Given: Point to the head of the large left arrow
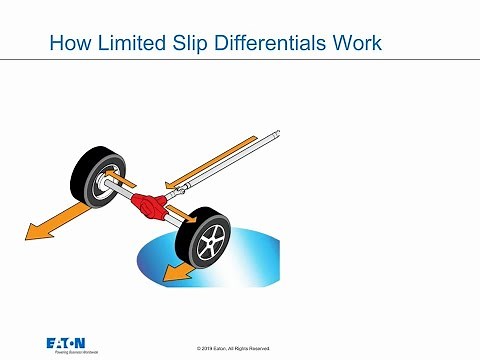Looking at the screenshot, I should click(36, 233).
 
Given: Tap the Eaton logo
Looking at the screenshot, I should click(73, 342).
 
